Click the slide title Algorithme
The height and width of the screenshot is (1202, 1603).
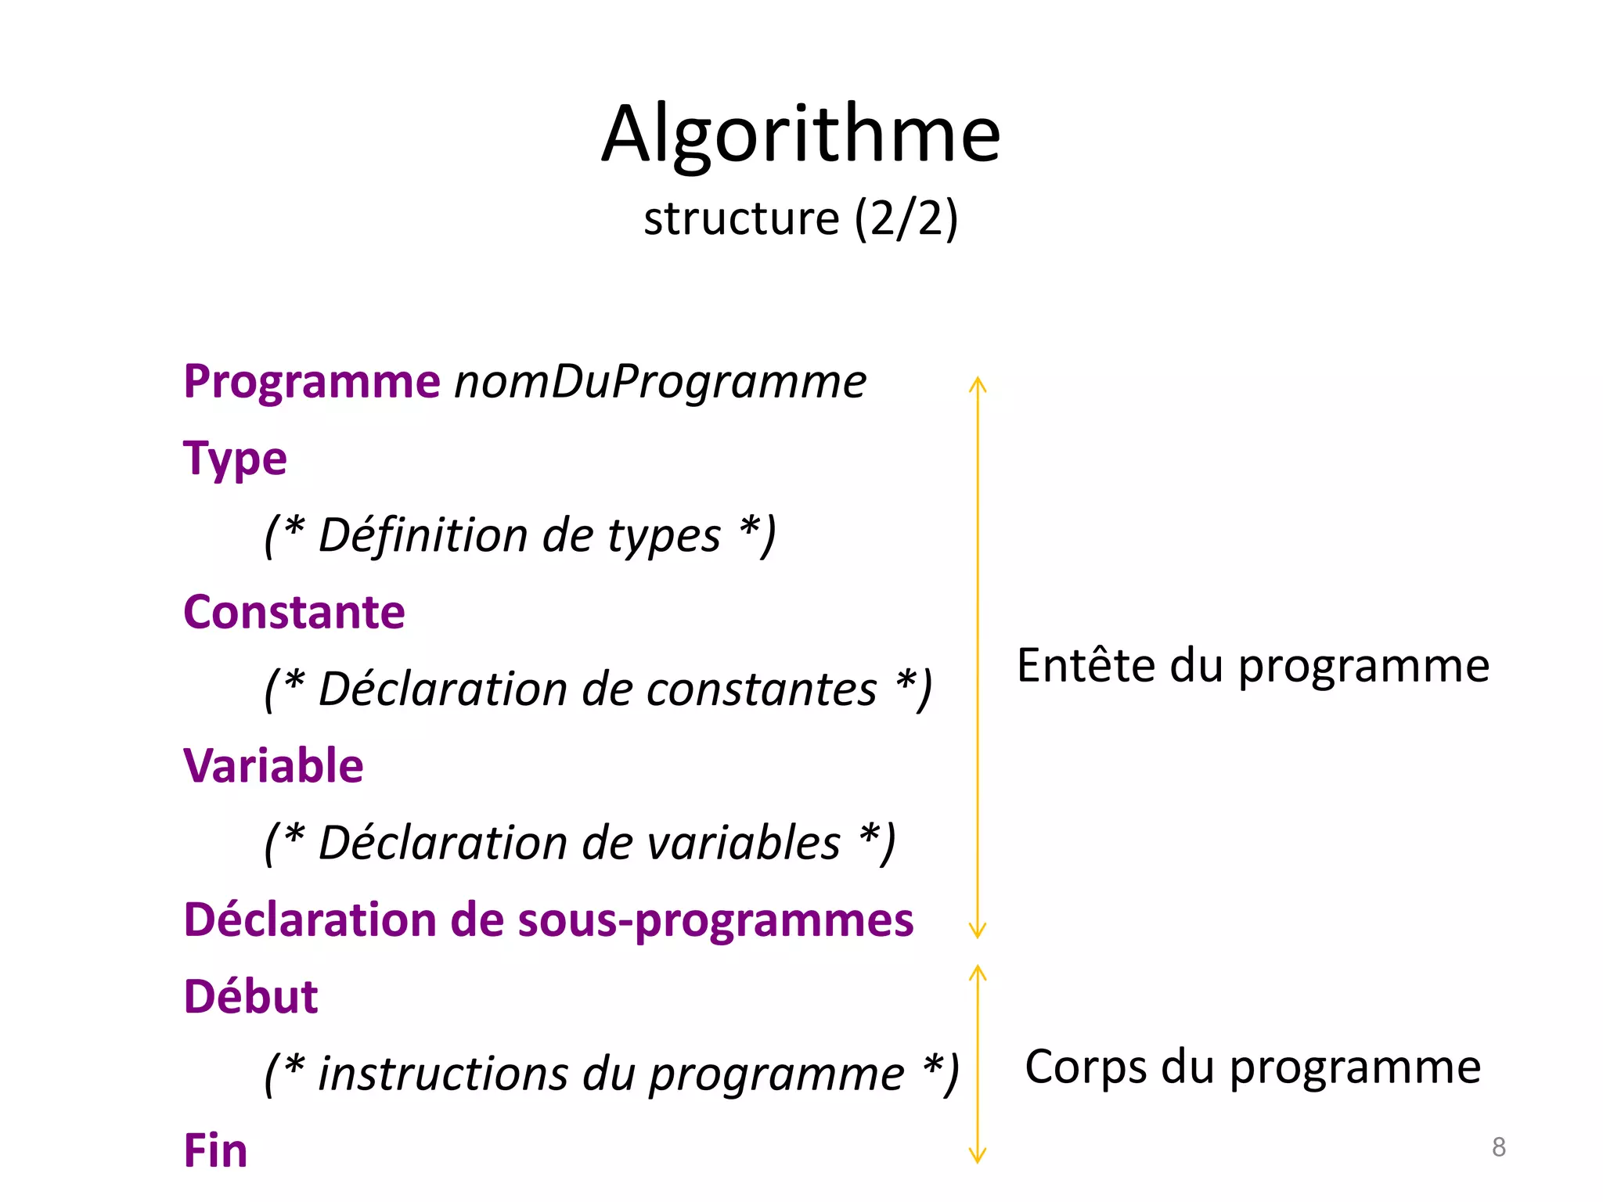point(801,135)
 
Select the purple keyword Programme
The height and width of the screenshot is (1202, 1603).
point(312,382)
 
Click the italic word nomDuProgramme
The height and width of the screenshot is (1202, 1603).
point(660,382)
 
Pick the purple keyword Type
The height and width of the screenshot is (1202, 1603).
point(235,459)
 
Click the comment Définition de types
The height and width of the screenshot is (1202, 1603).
point(520,535)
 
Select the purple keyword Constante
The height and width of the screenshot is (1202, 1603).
point(294,612)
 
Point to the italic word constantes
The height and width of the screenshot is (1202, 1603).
point(762,689)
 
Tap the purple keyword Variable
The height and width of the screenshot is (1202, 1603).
point(273,765)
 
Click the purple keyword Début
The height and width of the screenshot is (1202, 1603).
point(250,997)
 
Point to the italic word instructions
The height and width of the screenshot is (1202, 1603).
point(443,1073)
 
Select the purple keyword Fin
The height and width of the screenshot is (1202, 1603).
point(215,1150)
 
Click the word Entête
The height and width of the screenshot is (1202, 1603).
point(1086,666)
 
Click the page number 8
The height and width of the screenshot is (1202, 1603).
point(1498,1147)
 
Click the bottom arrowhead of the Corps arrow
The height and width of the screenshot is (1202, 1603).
point(977,1157)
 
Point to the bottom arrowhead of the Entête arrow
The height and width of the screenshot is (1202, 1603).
point(977,931)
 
